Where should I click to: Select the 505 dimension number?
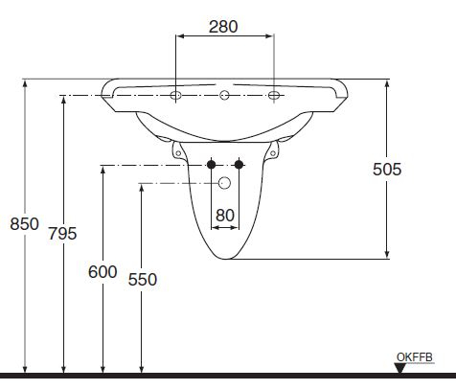(x=387, y=169)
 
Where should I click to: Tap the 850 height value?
(x=24, y=224)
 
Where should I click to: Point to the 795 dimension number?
(x=62, y=233)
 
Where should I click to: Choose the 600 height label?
(x=103, y=271)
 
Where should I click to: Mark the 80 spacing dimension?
(x=225, y=215)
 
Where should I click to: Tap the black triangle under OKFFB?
(x=399, y=367)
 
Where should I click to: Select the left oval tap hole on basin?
(x=176, y=96)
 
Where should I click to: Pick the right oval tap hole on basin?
(x=275, y=96)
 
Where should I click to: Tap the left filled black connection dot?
(x=212, y=165)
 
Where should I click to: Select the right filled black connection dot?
(x=239, y=165)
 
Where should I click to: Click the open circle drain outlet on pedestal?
(x=225, y=182)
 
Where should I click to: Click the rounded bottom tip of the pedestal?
(x=226, y=258)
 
